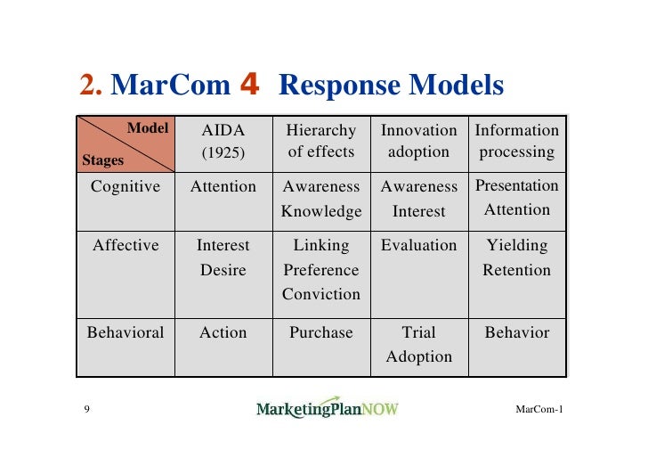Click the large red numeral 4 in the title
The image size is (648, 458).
[x=249, y=86]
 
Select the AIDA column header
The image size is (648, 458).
[x=223, y=131]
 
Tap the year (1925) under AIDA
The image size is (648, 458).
[x=223, y=152]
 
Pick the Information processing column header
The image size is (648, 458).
[x=517, y=141]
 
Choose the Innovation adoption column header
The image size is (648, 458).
[x=418, y=141]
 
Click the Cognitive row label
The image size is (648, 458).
[x=126, y=187]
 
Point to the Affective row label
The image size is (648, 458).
[x=126, y=245]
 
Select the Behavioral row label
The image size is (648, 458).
[x=126, y=332]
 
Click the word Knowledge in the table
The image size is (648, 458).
[x=321, y=211]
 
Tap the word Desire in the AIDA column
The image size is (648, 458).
[x=223, y=270]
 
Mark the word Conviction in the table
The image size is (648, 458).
[x=321, y=294]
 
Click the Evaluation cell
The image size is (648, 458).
[x=418, y=245]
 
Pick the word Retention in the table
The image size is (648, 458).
[x=517, y=270]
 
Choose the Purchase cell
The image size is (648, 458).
[x=321, y=332]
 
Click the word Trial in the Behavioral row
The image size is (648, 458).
[x=418, y=332]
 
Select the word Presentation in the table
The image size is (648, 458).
[x=517, y=186]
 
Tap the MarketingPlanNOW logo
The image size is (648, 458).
[x=328, y=408]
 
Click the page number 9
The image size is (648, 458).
[x=86, y=409]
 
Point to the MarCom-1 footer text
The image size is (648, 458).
[x=539, y=409]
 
